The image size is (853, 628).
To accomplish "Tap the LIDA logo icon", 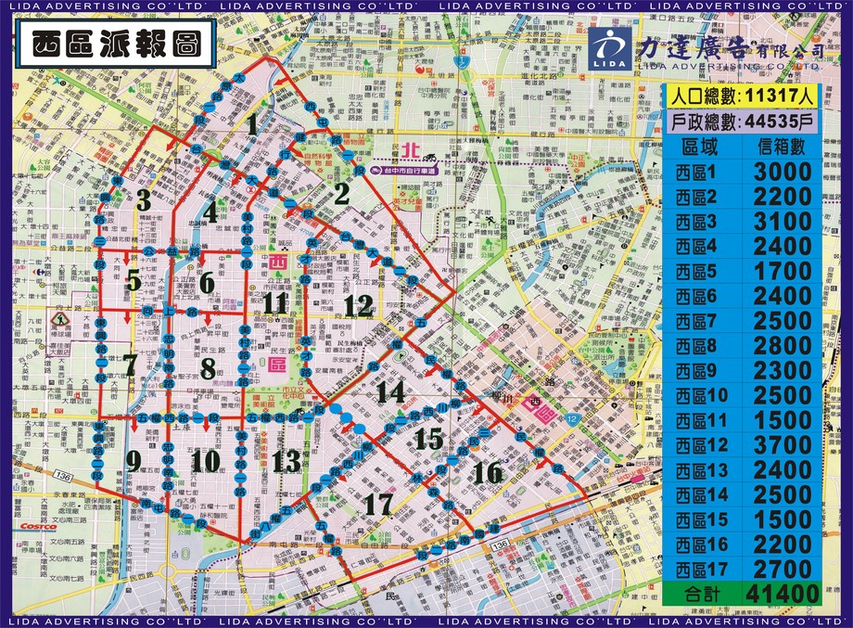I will (x=609, y=46).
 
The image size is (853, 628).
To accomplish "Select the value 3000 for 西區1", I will (x=783, y=173).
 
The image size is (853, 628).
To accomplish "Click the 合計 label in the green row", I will (x=699, y=593).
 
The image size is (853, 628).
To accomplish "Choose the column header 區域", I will (x=700, y=147).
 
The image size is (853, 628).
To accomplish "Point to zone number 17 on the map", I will (x=379, y=506).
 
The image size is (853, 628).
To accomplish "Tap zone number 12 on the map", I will (x=358, y=305).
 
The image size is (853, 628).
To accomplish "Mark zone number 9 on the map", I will (x=134, y=460).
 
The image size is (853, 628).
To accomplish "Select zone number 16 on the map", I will (x=487, y=473).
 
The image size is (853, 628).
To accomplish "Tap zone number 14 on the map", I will (x=390, y=392).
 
